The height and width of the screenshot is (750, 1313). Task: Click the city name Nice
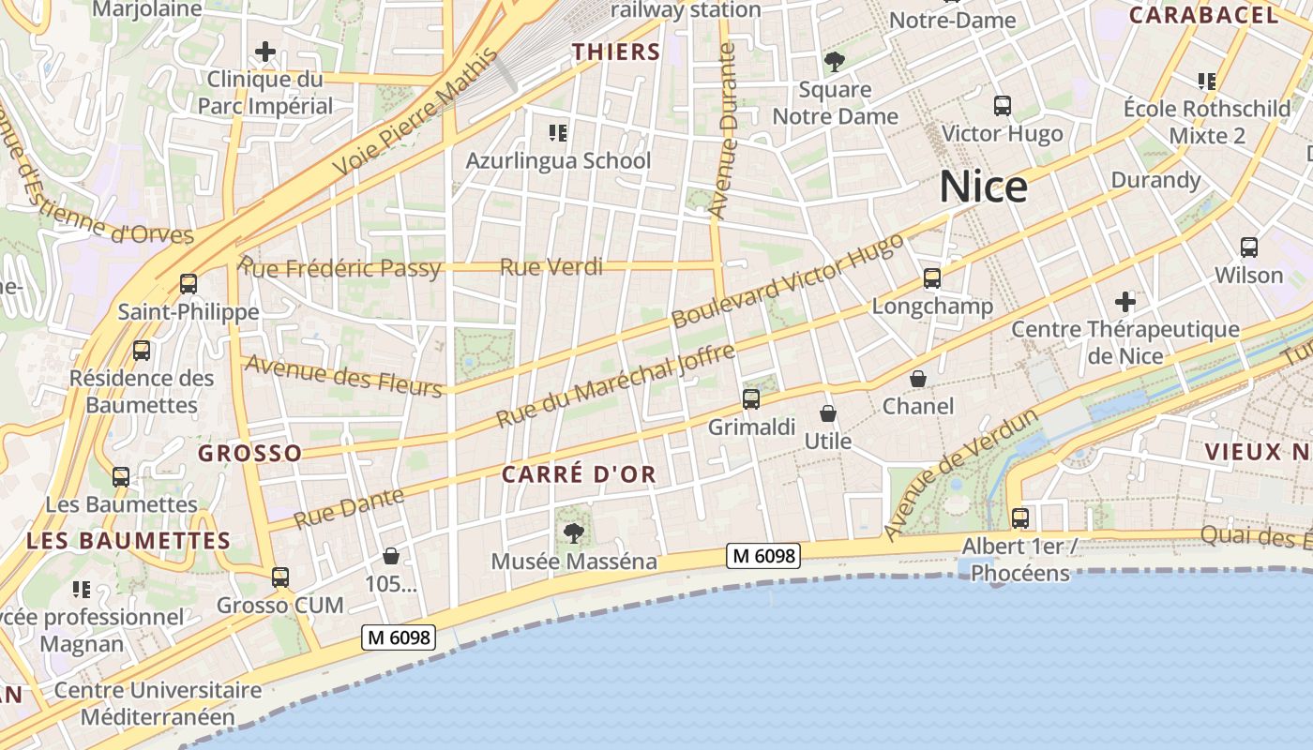pyautogui.click(x=983, y=187)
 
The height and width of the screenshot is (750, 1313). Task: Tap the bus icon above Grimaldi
pyautogui.click(x=751, y=399)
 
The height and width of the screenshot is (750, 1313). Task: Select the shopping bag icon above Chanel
pyautogui.click(x=918, y=379)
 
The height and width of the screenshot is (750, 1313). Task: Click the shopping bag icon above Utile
pyautogui.click(x=828, y=413)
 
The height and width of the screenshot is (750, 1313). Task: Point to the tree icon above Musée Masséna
pyautogui.click(x=573, y=533)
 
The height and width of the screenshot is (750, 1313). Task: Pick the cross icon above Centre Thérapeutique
pyautogui.click(x=1125, y=302)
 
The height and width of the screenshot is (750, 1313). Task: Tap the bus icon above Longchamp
pyautogui.click(x=931, y=278)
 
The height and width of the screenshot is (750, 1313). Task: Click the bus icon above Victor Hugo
pyautogui.click(x=1003, y=106)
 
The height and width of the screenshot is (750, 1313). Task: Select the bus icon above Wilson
pyautogui.click(x=1249, y=247)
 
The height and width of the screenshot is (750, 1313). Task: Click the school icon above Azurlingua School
pyautogui.click(x=558, y=133)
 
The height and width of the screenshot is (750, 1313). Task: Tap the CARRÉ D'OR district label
pyautogui.click(x=579, y=474)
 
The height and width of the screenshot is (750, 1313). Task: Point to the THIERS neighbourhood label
pyautogui.click(x=617, y=52)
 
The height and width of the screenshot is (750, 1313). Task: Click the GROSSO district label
pyautogui.click(x=250, y=454)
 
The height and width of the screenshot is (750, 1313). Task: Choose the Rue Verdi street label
pyautogui.click(x=551, y=267)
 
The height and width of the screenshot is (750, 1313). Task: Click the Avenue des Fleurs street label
pyautogui.click(x=343, y=375)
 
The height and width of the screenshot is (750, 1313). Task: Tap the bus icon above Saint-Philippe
pyautogui.click(x=189, y=284)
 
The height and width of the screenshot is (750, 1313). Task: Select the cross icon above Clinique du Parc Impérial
pyautogui.click(x=265, y=51)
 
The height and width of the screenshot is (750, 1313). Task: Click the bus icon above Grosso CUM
pyautogui.click(x=280, y=577)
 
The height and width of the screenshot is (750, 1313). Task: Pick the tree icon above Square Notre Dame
pyautogui.click(x=834, y=62)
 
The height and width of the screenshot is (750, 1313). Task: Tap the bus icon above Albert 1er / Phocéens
pyautogui.click(x=1020, y=517)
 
